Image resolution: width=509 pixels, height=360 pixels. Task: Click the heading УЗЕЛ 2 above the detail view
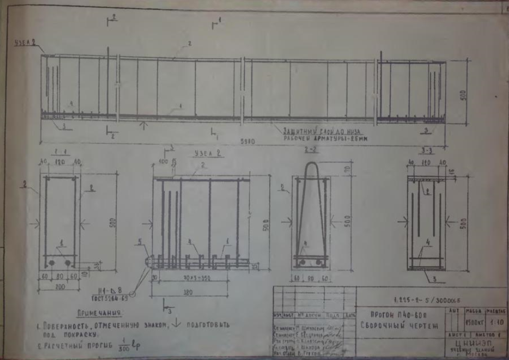click(205, 154)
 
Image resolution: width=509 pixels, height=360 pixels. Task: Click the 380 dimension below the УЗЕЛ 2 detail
click(191, 292)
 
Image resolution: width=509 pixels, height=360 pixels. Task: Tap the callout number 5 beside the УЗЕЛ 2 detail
click(139, 241)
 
